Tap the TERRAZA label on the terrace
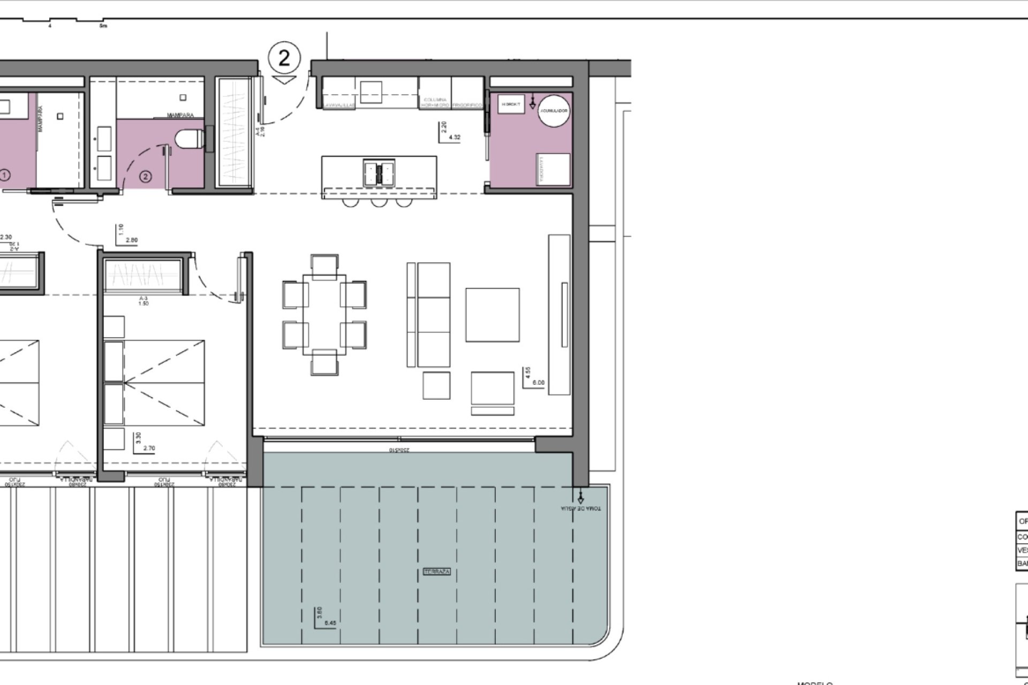click(x=437, y=572)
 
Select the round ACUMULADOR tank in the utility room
click(x=554, y=111)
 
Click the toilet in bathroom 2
click(x=190, y=139)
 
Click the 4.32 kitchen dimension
click(x=454, y=138)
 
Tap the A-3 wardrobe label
click(x=143, y=299)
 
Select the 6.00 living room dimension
click(x=539, y=383)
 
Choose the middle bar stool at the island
click(x=379, y=202)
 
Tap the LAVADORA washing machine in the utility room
click(x=554, y=169)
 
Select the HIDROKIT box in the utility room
click(x=508, y=104)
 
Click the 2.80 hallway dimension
click(x=131, y=240)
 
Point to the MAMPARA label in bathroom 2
click(x=180, y=115)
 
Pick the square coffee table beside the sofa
click(x=492, y=315)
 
